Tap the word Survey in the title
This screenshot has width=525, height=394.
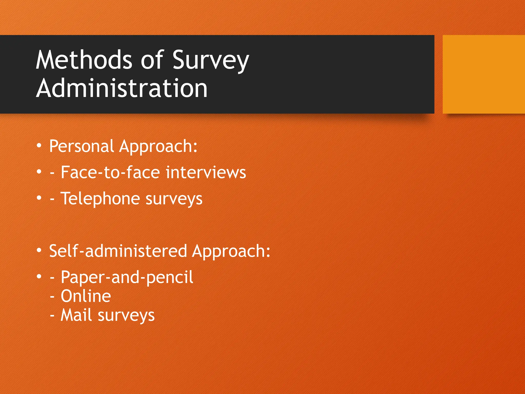tap(211, 60)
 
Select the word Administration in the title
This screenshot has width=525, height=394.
tap(122, 88)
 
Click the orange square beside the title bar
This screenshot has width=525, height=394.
tap(483, 74)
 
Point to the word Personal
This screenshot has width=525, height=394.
tap(82, 146)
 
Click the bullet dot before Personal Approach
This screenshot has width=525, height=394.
tap(39, 146)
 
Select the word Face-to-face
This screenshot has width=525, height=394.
tap(110, 172)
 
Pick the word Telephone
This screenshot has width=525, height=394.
tap(100, 199)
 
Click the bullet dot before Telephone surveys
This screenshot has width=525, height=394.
tap(39, 198)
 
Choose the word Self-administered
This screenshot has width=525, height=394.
tap(118, 251)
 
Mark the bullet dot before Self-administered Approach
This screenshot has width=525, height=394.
tap(39, 250)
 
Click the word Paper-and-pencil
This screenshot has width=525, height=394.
tap(127, 278)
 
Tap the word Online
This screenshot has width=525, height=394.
tap(86, 296)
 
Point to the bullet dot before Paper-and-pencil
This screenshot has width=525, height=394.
tap(39, 277)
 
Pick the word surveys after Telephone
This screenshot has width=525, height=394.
tap(174, 199)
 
